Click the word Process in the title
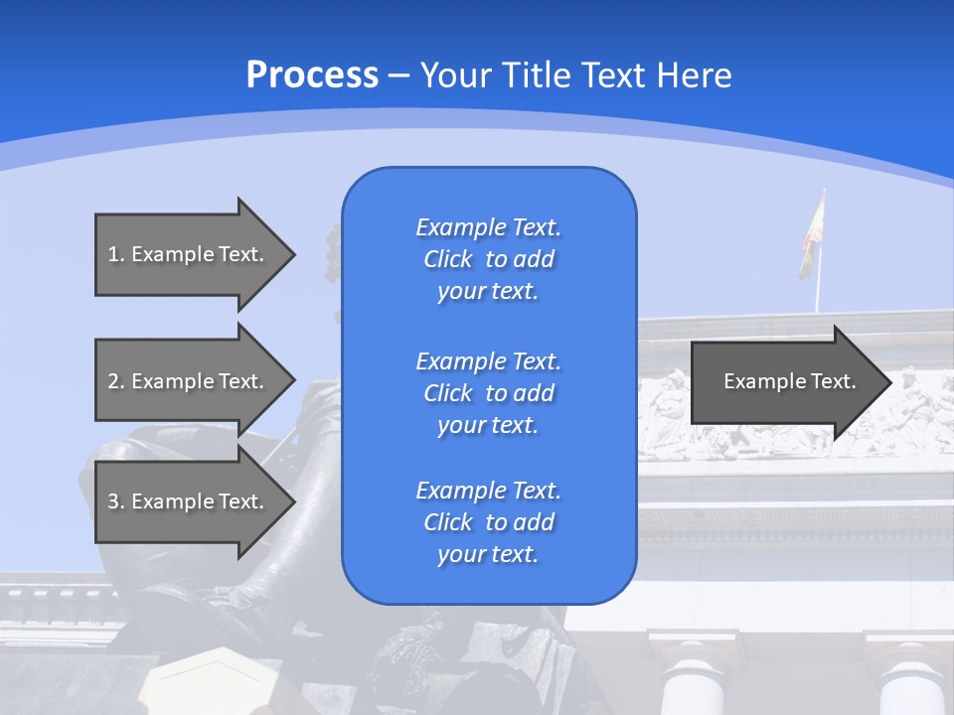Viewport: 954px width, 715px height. point(312,74)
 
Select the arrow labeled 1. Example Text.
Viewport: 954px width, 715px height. point(189,254)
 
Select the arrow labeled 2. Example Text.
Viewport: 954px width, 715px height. point(189,381)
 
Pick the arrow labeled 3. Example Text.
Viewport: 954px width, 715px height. point(189,501)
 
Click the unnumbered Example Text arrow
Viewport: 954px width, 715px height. point(785,381)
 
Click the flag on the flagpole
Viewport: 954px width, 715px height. point(812,235)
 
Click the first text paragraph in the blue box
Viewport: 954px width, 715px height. point(488,259)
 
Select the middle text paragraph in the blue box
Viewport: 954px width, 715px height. point(488,393)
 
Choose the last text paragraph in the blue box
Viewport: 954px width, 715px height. point(488,522)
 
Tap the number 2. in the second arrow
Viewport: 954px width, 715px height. point(115,381)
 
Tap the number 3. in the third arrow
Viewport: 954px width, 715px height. point(115,501)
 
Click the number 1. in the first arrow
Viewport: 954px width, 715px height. point(115,254)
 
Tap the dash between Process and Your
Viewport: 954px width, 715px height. point(398,76)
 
